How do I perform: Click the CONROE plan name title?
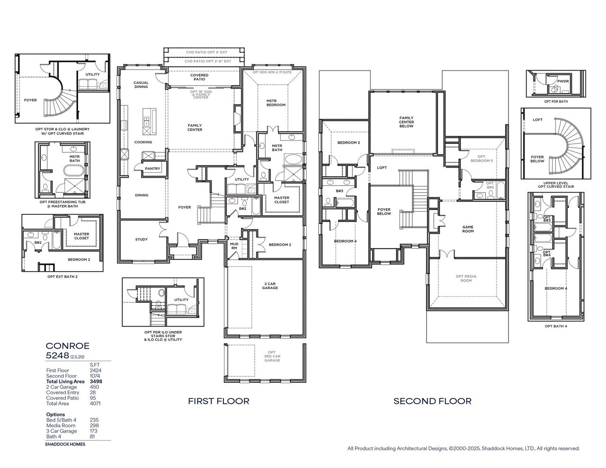coord(67,346)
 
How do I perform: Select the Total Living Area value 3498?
coord(97,381)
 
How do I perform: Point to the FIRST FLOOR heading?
coord(218,401)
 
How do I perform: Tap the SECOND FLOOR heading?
coord(432,401)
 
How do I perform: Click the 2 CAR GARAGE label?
coord(270,286)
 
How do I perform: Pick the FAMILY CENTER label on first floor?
coord(195,127)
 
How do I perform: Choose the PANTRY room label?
coord(152,168)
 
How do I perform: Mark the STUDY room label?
coord(141,239)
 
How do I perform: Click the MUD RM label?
coord(234,246)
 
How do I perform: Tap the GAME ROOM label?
coord(468,229)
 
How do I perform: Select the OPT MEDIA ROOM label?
coord(466,278)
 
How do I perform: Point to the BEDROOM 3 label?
coord(348,143)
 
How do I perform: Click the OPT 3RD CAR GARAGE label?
coord(271,356)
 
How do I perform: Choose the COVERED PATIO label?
coord(199,77)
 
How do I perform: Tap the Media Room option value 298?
coord(94,425)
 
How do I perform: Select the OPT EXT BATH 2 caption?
coord(62,276)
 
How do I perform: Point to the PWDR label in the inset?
coord(562,81)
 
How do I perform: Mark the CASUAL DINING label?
coord(141,84)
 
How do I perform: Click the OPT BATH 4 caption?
coord(555,326)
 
